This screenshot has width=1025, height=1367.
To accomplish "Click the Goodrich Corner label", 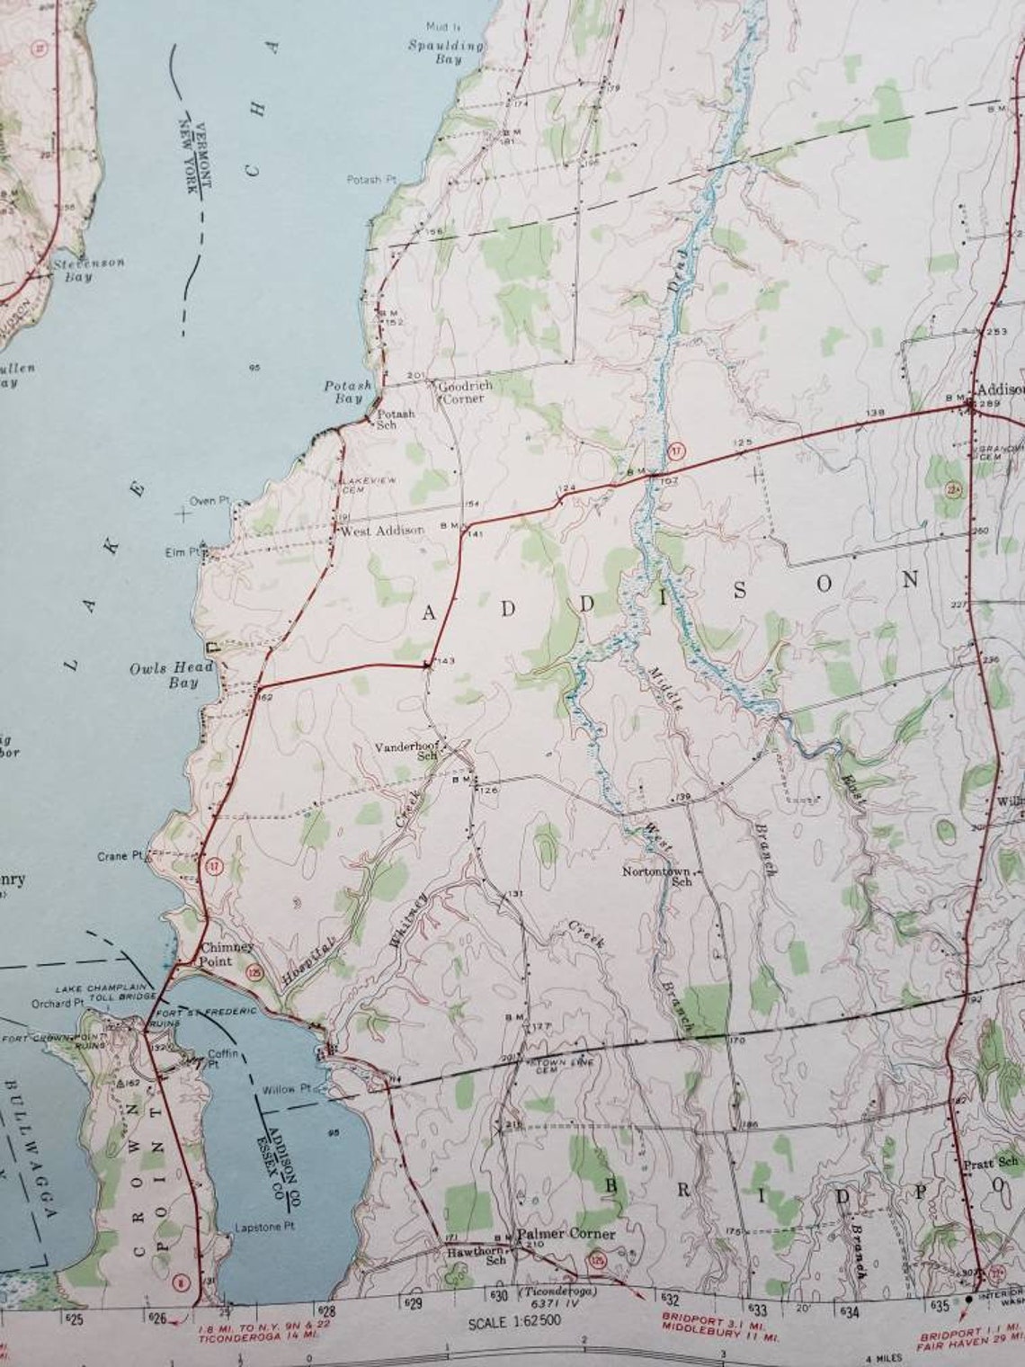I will [467, 392].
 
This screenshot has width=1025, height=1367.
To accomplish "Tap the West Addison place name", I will [382, 531].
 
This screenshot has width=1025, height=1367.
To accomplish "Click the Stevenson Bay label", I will [87, 270].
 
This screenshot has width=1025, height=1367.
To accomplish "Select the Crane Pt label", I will [120, 856].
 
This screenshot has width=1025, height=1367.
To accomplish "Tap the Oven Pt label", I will [202, 501].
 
